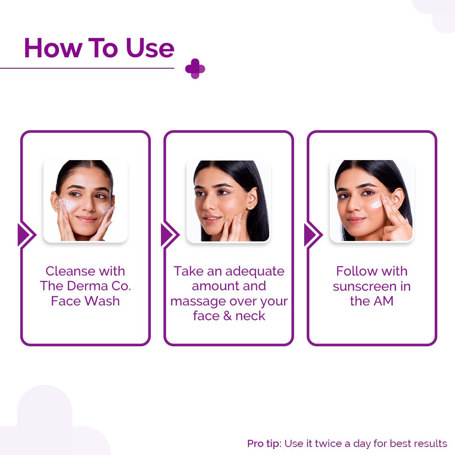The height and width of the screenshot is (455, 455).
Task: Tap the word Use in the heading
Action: point(150,48)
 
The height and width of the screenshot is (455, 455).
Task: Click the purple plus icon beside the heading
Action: point(195,69)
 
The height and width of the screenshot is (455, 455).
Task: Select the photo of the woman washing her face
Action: point(86,201)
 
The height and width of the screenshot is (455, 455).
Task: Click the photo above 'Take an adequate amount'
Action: point(228,201)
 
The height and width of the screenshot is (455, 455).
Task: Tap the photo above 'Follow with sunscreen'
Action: point(372,201)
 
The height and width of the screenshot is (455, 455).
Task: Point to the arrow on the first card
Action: point(26,235)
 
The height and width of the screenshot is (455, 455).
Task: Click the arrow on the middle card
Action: point(169,235)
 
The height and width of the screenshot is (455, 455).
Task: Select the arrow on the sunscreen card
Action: point(313,235)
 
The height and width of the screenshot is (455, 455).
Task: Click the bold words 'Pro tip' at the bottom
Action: point(264,444)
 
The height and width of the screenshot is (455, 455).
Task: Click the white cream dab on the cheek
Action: point(376,205)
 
